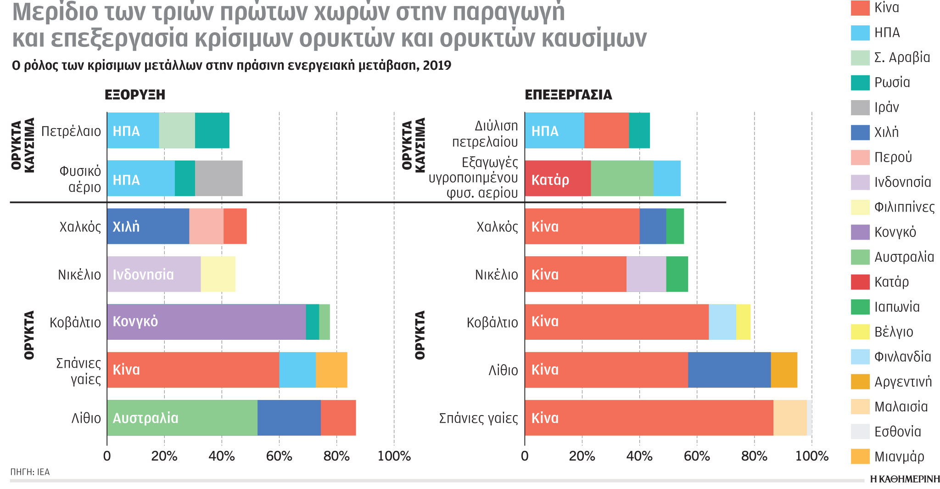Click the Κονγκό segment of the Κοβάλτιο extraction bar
[x=207, y=322]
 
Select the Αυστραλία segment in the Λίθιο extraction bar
[x=182, y=418]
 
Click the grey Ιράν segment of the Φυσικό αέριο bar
[x=219, y=178]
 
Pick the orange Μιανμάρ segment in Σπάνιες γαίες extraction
[x=331, y=370]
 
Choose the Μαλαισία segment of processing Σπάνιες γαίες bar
[x=790, y=418]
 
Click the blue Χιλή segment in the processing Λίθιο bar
[x=729, y=370]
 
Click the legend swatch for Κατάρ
[x=860, y=282]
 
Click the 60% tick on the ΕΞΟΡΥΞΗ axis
[x=279, y=456]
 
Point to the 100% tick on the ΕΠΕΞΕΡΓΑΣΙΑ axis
[x=811, y=456]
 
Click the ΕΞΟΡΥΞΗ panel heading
[x=135, y=95]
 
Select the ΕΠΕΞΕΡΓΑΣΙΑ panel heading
[x=568, y=95]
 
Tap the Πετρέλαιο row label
[x=71, y=131]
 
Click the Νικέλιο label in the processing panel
[x=496, y=275]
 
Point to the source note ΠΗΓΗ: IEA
[x=30, y=472]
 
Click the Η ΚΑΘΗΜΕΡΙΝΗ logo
[x=905, y=479]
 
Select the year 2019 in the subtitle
[x=437, y=66]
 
